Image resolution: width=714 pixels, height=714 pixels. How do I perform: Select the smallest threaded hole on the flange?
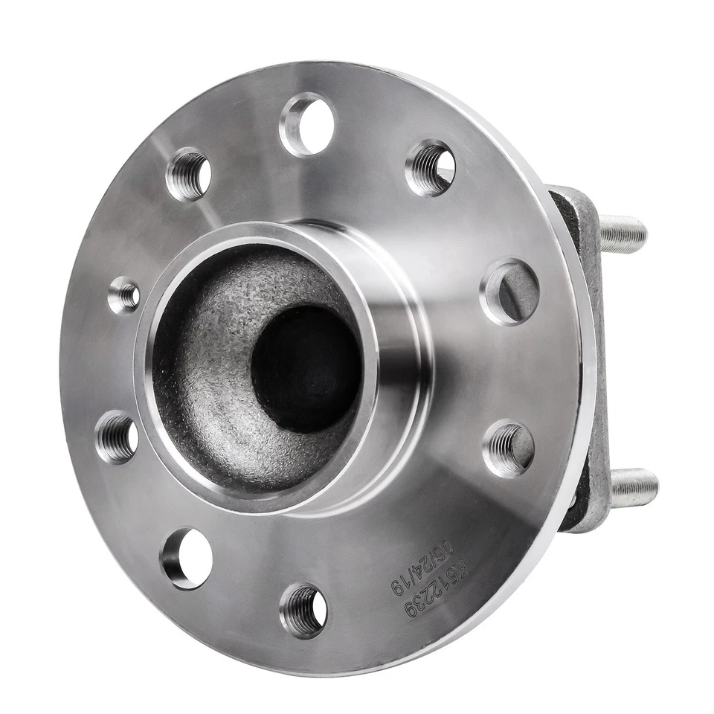[x=124, y=296]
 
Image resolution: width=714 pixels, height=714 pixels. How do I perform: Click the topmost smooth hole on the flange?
[x=308, y=123]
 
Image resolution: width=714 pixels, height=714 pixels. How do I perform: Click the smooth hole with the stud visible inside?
[x=510, y=292]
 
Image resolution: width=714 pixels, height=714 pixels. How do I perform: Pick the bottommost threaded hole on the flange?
[x=303, y=610]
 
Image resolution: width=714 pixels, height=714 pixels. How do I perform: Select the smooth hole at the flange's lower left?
[x=186, y=558]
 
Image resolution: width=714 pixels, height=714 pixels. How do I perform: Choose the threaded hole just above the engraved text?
[x=509, y=448]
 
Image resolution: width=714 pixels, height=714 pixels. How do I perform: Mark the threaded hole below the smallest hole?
[x=118, y=437]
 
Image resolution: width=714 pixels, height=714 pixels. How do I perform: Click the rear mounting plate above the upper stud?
[x=576, y=205]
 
